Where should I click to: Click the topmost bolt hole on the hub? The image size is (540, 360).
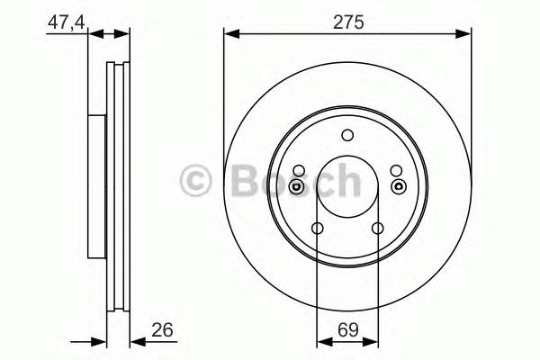click(347, 136)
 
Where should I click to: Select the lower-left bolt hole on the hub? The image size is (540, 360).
click(317, 229)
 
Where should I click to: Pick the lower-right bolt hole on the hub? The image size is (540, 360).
click(378, 229)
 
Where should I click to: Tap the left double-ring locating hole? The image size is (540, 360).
click(298, 186)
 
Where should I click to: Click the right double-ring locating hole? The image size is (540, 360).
click(398, 186)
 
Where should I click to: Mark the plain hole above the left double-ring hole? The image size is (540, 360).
click(298, 170)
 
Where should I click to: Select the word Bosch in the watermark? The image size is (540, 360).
click(292, 181)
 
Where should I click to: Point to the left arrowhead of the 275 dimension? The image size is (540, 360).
click(230, 34)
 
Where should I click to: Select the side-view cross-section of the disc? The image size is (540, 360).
click(110, 187)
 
